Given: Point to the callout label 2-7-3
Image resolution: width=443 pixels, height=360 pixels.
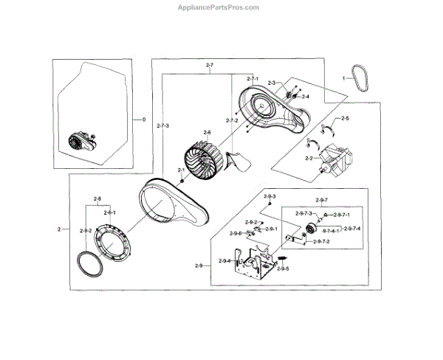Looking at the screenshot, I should (x=163, y=126).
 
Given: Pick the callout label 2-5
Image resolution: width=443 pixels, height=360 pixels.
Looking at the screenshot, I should (x=345, y=118).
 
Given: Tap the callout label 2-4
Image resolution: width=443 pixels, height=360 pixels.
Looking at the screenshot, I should (x=306, y=97).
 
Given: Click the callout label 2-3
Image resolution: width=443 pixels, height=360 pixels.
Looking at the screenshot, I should (x=272, y=83).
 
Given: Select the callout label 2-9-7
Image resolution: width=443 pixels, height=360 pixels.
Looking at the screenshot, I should (x=321, y=201).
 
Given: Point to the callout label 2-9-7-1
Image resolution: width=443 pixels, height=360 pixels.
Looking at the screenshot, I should (x=341, y=214).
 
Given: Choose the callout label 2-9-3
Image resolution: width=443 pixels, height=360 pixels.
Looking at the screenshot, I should (x=271, y=196).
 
